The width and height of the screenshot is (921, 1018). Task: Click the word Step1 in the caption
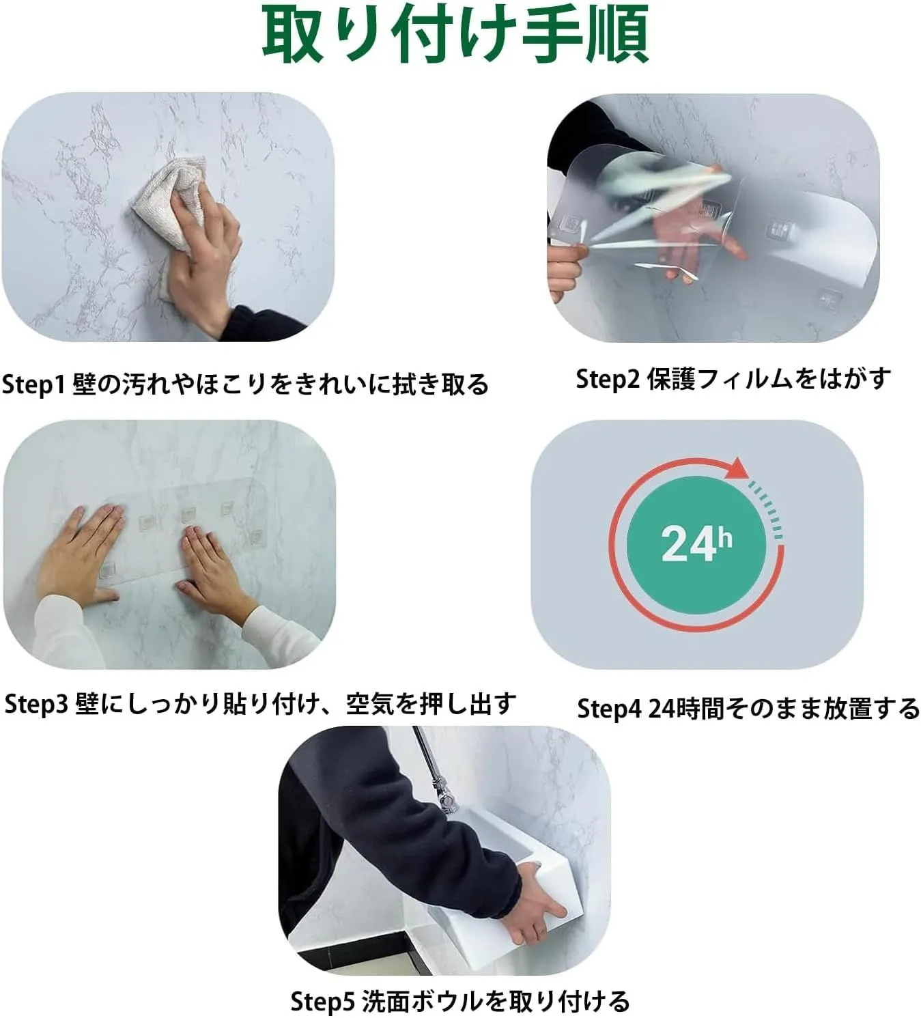pos(33,385)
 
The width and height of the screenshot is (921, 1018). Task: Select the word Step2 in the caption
pos(608,379)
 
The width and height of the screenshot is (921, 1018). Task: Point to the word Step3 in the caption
pos(36,705)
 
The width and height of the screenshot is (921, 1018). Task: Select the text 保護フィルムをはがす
pos(769,379)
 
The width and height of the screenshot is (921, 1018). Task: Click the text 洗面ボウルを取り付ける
pos(495,1001)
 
